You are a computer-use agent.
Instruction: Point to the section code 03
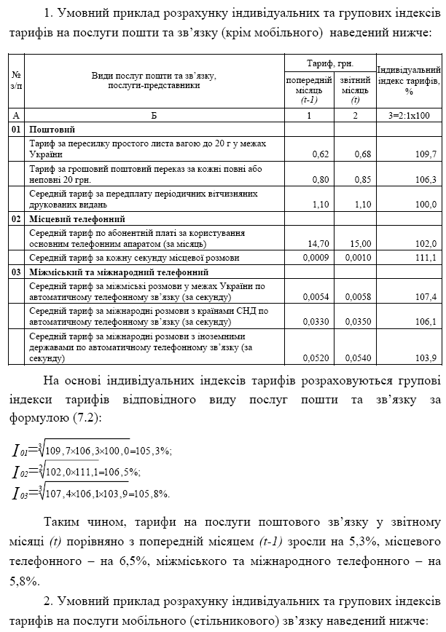[16, 271]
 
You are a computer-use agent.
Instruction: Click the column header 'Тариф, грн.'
[330, 63]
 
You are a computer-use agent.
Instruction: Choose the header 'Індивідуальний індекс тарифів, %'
[409, 80]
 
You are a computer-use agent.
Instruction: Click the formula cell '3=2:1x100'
[409, 115]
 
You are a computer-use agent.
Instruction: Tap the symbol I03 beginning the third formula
[19, 494]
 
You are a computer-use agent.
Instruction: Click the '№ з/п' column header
[16, 80]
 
